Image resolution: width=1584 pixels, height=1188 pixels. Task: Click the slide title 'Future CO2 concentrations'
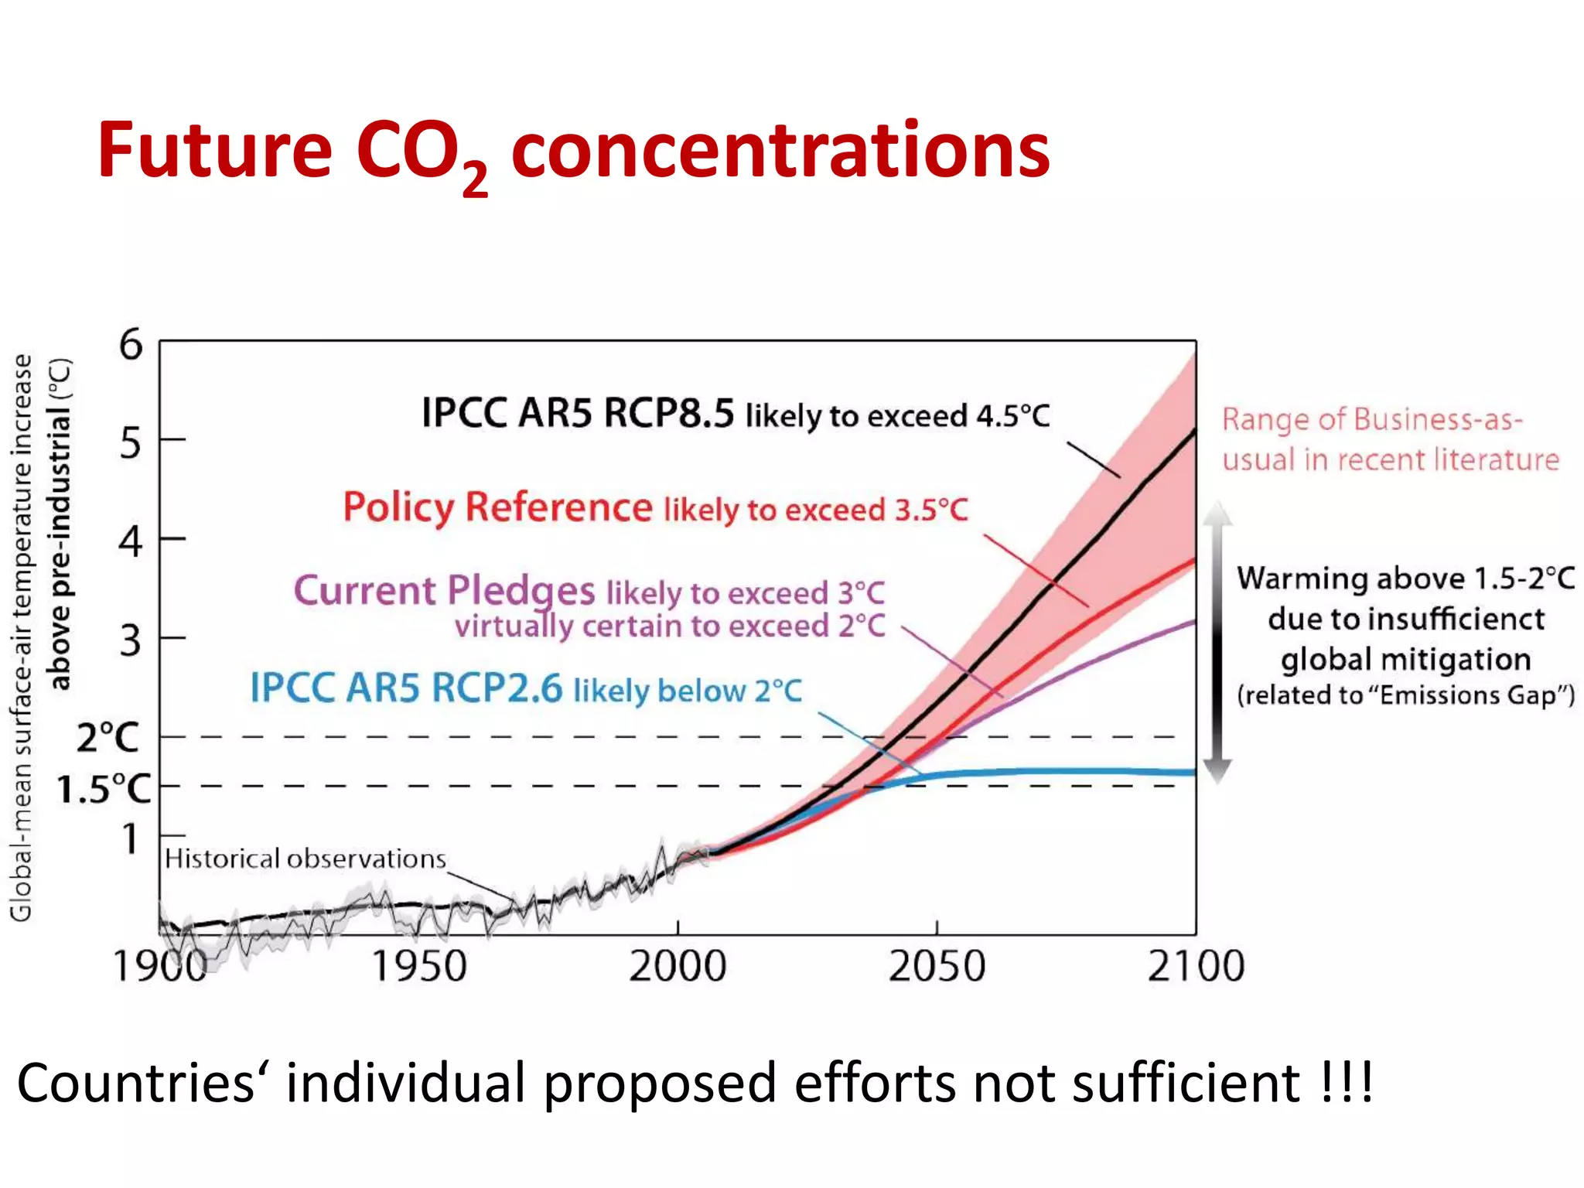click(572, 151)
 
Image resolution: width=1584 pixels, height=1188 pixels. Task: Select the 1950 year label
click(419, 966)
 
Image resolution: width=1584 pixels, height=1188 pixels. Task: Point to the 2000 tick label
click(678, 966)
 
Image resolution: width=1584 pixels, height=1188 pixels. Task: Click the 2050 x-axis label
click(937, 966)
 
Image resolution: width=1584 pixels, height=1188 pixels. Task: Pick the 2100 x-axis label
click(1196, 966)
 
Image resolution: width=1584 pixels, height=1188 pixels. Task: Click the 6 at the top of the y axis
click(131, 344)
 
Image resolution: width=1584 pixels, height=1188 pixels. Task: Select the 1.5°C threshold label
click(104, 789)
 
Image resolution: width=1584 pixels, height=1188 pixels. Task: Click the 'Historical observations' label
click(306, 859)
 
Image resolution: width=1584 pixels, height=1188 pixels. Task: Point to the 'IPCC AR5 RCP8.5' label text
click(577, 413)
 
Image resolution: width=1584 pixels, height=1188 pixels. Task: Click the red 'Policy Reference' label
click(498, 508)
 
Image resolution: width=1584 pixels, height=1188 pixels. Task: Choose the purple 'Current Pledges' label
click(444, 591)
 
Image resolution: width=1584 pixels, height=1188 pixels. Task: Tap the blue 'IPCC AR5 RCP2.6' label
click(406, 688)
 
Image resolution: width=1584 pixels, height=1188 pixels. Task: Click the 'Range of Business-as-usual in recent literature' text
click(1390, 439)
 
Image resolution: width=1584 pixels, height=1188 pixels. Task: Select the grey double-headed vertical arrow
click(1217, 642)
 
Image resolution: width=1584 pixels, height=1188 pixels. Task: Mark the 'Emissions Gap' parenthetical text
click(1405, 695)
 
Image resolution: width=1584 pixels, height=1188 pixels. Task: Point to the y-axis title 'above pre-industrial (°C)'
click(60, 524)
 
